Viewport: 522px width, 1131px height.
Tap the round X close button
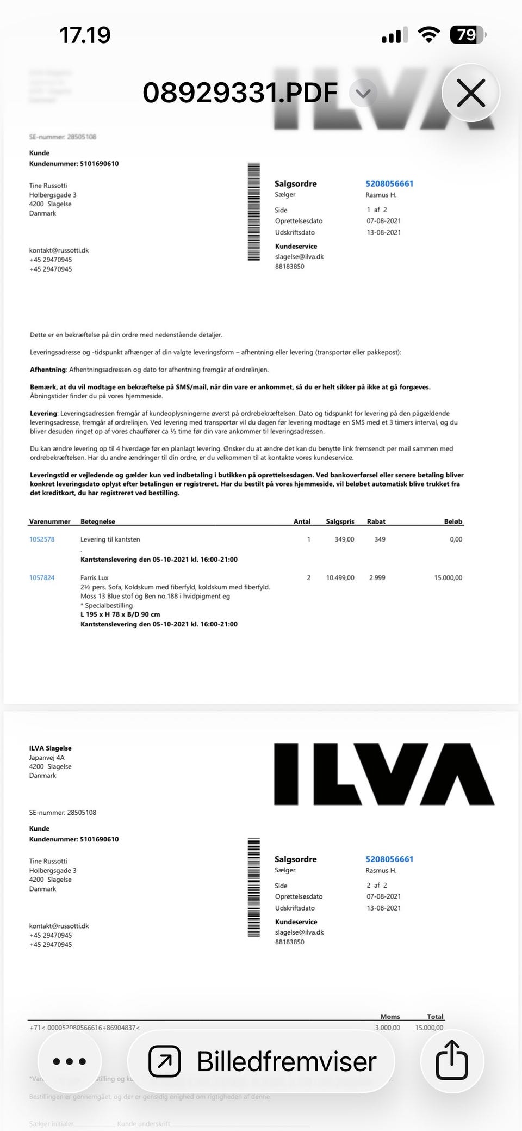[x=471, y=93]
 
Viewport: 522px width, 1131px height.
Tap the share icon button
[x=452, y=1060]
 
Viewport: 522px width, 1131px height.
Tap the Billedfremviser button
[x=262, y=1061]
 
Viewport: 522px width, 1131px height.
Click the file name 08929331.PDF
[x=240, y=93]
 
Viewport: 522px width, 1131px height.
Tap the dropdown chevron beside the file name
[x=363, y=93]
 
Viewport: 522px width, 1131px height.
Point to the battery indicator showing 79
[x=467, y=35]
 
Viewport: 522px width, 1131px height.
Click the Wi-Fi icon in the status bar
[x=428, y=35]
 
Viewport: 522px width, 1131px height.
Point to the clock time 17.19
[x=85, y=35]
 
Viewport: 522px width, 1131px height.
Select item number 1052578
[x=42, y=539]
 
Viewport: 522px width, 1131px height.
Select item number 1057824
[x=42, y=577]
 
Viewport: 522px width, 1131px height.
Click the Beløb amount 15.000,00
[x=448, y=577]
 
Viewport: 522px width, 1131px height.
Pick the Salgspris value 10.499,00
[x=340, y=577]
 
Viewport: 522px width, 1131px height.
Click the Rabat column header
[x=376, y=521]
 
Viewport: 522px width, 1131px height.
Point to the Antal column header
[x=302, y=521]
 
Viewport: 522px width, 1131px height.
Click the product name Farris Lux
[x=95, y=577]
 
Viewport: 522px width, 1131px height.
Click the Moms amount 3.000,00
[x=387, y=1028]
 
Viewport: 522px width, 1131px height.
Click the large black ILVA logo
[x=384, y=774]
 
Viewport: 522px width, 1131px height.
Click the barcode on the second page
[x=253, y=888]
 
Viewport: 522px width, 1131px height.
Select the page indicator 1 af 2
[x=377, y=210]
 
